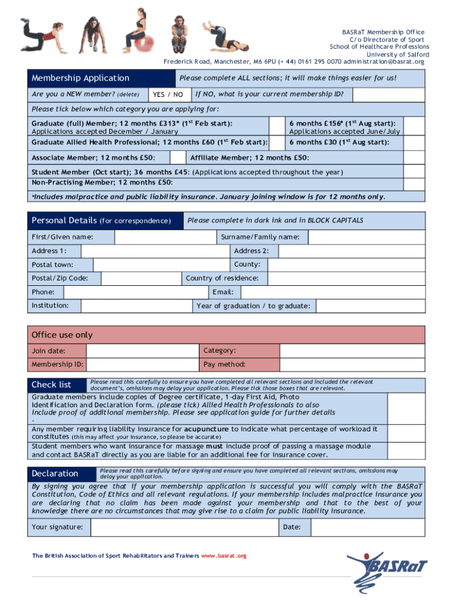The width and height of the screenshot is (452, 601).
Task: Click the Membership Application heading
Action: [x=80, y=78]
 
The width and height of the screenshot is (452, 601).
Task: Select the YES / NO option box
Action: [x=167, y=94]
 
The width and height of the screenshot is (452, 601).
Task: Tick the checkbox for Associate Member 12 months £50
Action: [x=178, y=157]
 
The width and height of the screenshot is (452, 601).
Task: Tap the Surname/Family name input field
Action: [x=366, y=237]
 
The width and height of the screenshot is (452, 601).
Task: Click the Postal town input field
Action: [x=161, y=265]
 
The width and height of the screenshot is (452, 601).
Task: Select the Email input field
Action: [x=332, y=292]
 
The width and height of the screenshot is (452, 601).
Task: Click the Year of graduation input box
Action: [x=370, y=306]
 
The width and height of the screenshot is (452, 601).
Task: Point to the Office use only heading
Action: [x=62, y=335]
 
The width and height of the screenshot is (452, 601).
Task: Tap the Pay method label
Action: [x=224, y=364]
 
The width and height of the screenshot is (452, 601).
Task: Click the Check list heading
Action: [x=52, y=384]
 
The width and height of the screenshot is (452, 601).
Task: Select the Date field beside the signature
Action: [x=366, y=527]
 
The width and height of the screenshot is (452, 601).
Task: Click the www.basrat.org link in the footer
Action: [x=224, y=556]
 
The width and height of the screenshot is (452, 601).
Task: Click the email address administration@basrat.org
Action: [x=383, y=62]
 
